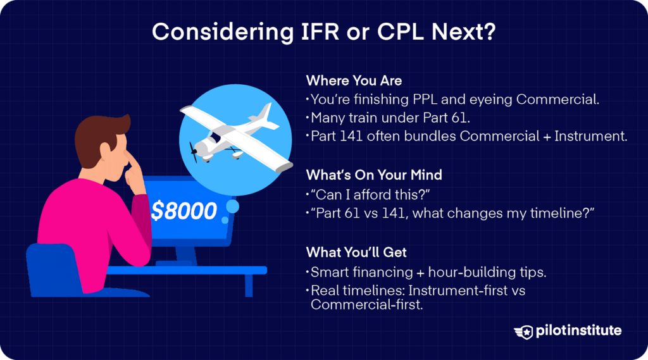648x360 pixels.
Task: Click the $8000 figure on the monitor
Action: pyautogui.click(x=184, y=211)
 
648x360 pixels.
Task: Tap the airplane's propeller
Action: pyautogui.click(x=194, y=151)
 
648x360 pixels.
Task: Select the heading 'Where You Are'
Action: pyautogui.click(x=354, y=80)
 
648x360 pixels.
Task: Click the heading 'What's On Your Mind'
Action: pyautogui.click(x=374, y=175)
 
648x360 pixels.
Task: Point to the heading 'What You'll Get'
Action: pyautogui.click(x=356, y=252)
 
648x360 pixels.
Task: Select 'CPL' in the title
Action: pyautogui.click(x=401, y=32)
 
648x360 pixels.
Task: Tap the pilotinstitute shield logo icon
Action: pyautogui.click(x=523, y=332)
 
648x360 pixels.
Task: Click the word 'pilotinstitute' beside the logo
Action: pyautogui.click(x=578, y=331)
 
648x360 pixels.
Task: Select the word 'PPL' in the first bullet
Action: pyautogui.click(x=425, y=99)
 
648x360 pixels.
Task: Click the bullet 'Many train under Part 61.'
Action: pyautogui.click(x=390, y=118)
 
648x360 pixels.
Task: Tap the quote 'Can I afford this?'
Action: pyautogui.click(x=370, y=194)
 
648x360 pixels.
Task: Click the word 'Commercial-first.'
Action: pyautogui.click(x=367, y=304)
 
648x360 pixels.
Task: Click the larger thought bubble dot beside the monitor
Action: pyautogui.click(x=233, y=207)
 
